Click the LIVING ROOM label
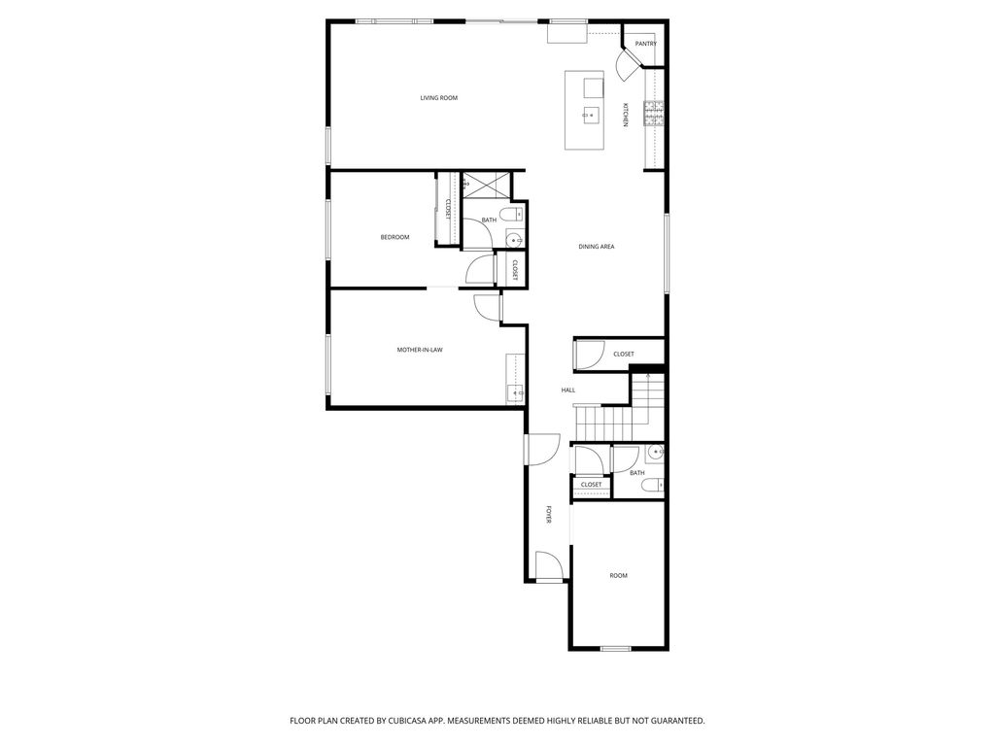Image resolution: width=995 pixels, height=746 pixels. point(438,98)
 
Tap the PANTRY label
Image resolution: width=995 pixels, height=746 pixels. point(645,44)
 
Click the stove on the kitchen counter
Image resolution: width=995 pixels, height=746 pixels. point(653,115)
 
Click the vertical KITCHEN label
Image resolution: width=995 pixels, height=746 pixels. point(626,115)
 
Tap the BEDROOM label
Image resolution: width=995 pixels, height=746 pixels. point(395,238)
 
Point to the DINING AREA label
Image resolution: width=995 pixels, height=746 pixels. point(597,247)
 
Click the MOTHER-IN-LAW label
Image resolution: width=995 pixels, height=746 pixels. point(420,350)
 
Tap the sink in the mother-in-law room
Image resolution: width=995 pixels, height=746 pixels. point(514,392)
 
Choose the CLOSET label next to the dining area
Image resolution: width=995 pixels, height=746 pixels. point(623,355)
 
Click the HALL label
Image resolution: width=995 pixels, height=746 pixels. point(567,390)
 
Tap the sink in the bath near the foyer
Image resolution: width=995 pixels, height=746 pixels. point(654,453)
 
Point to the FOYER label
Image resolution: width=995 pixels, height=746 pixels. point(549,515)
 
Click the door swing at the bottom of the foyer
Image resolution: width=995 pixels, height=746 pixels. point(547,565)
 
